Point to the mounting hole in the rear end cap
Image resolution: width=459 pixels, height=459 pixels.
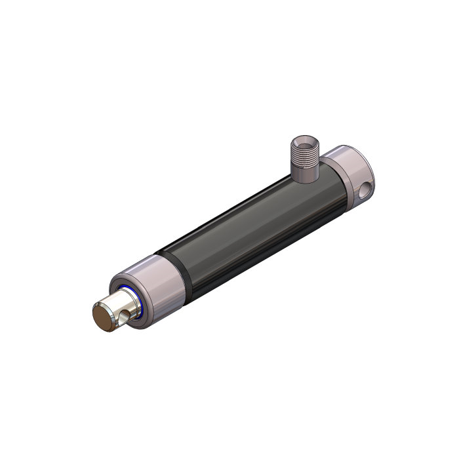pyautogui.click(x=365, y=190)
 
